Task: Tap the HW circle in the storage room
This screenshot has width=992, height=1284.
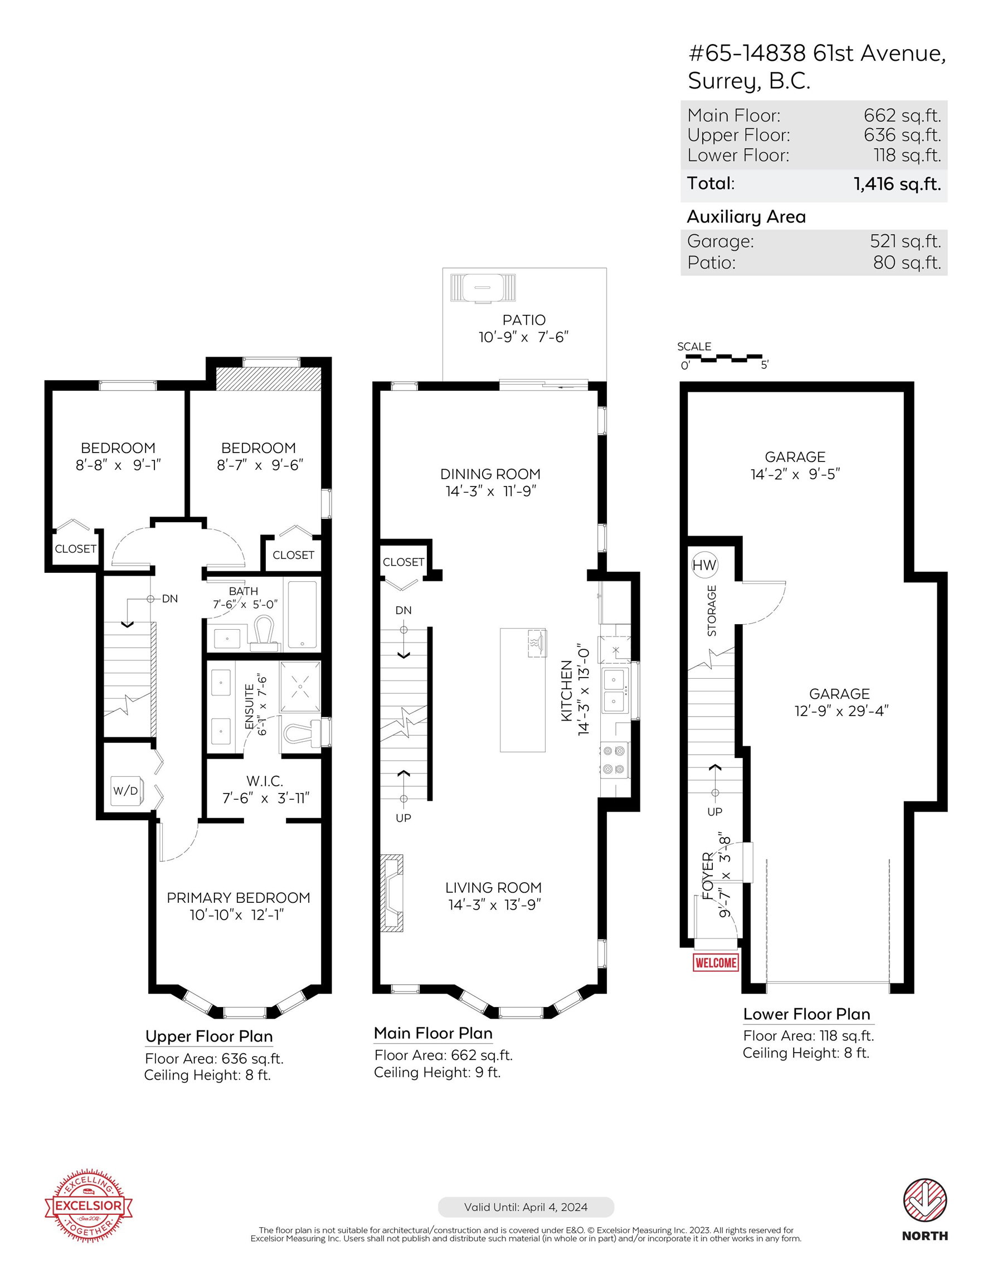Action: pyautogui.click(x=704, y=565)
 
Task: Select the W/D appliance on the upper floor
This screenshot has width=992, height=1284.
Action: pyautogui.click(x=126, y=790)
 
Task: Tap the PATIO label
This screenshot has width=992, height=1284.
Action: pyautogui.click(x=524, y=320)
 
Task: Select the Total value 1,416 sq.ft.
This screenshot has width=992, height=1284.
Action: pyautogui.click(x=897, y=183)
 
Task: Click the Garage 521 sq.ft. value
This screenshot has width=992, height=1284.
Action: pyautogui.click(x=906, y=241)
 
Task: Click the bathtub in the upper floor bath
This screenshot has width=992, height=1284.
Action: pyautogui.click(x=302, y=614)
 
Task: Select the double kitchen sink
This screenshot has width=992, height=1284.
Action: pyautogui.click(x=615, y=690)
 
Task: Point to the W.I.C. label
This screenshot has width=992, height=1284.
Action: pyautogui.click(x=265, y=781)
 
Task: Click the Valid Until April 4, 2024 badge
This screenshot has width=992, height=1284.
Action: pyautogui.click(x=526, y=1207)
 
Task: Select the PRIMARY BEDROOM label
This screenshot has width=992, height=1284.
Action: pyautogui.click(x=238, y=898)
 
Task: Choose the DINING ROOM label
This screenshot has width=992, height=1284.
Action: pyautogui.click(x=490, y=474)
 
